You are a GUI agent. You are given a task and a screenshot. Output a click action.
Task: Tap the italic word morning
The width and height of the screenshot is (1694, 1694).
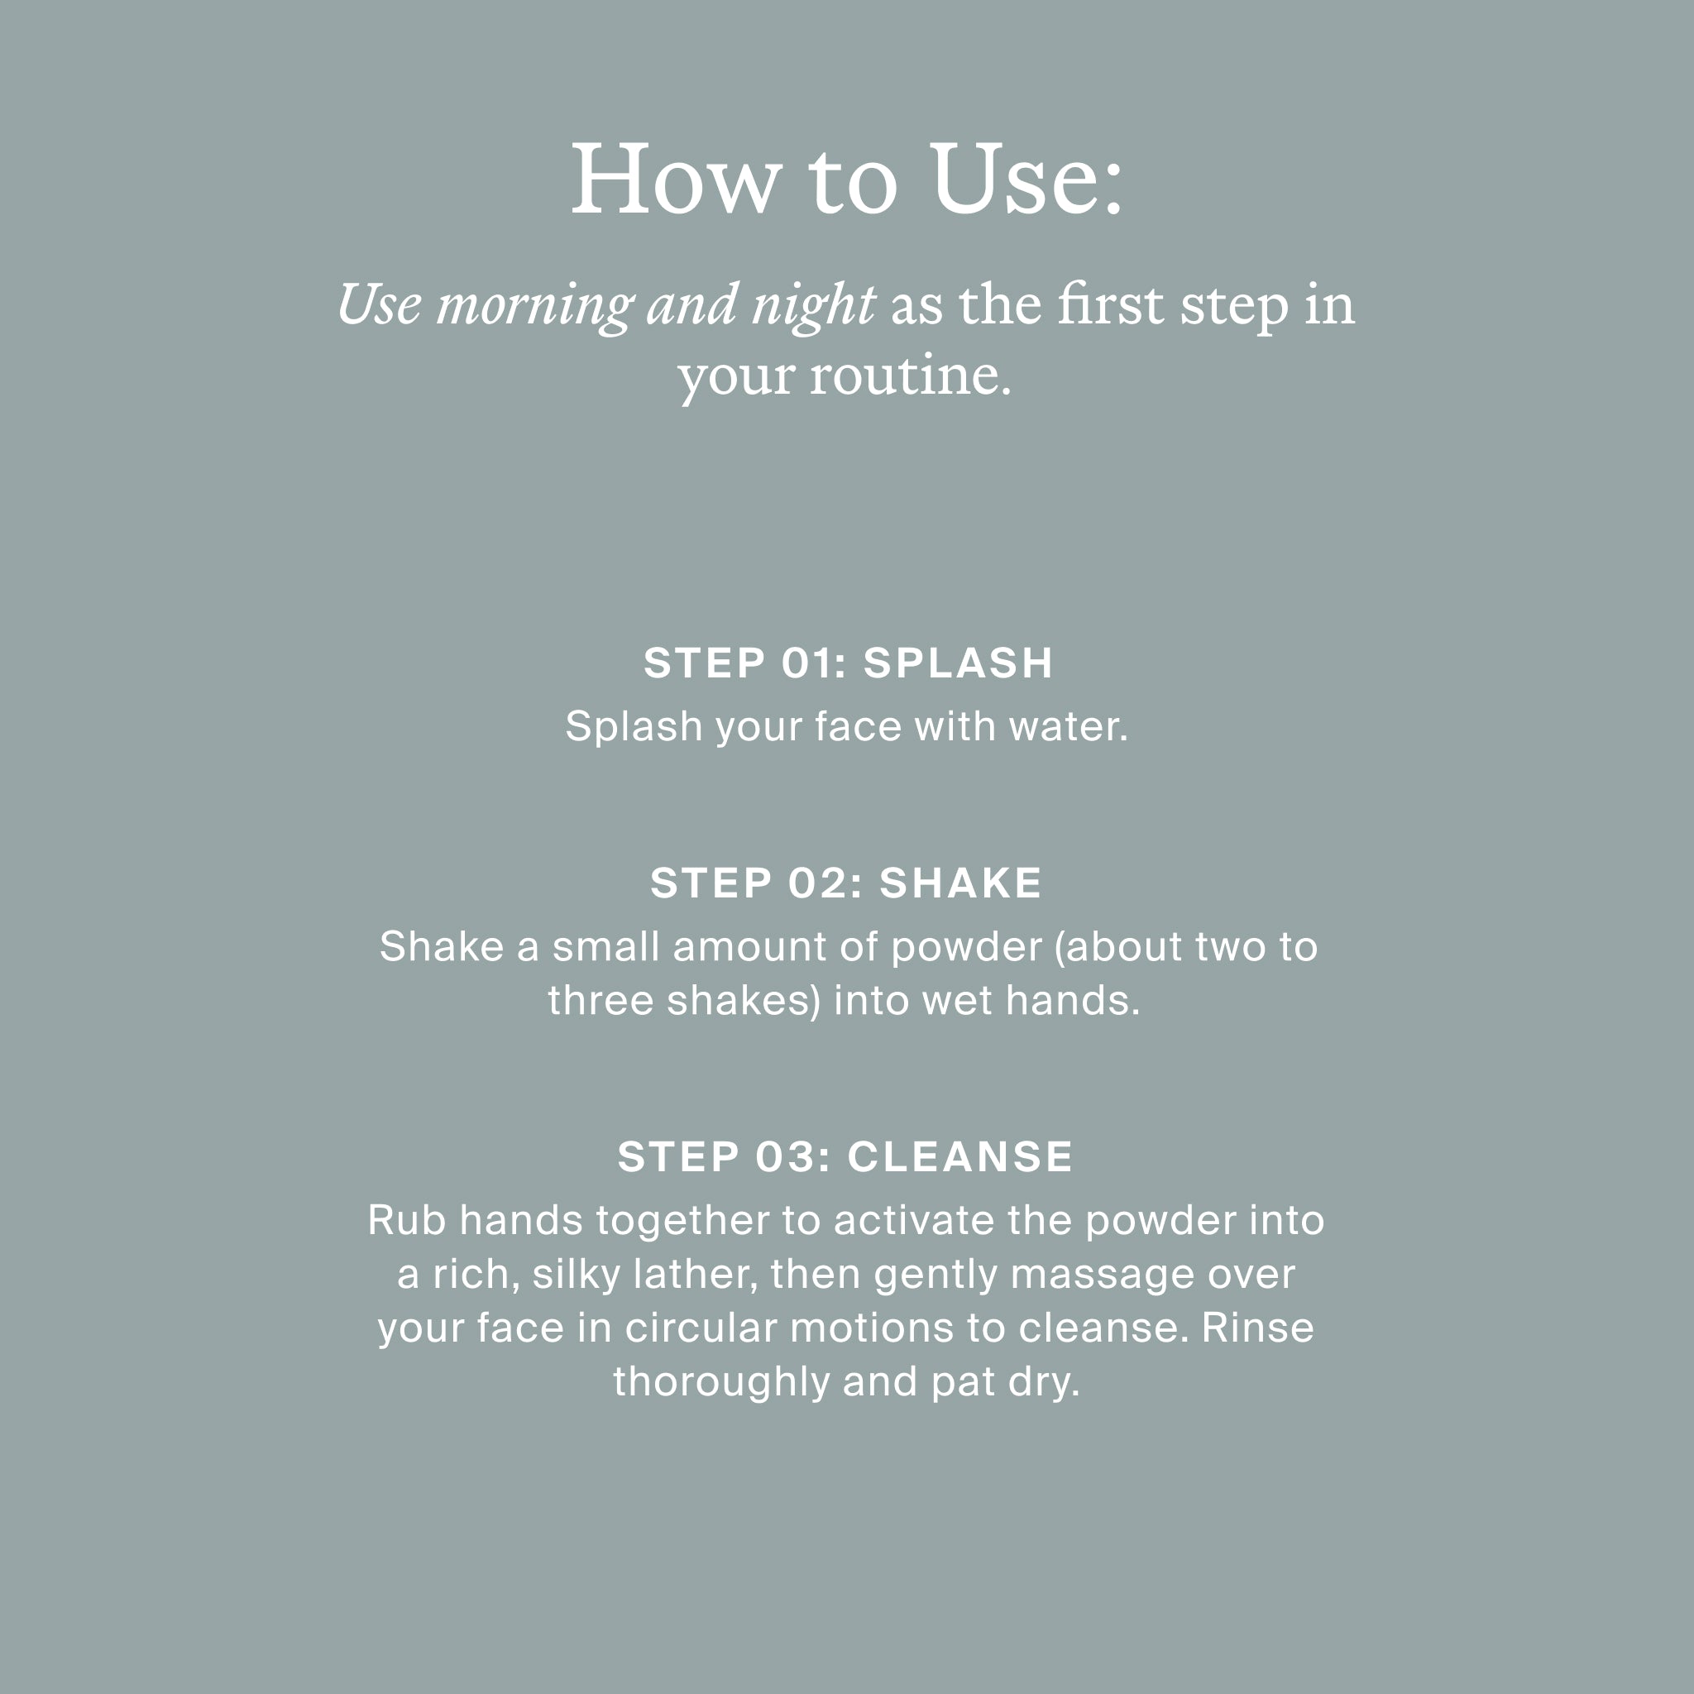click(x=535, y=308)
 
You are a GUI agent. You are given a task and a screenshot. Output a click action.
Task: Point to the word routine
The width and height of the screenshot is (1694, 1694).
click(x=910, y=376)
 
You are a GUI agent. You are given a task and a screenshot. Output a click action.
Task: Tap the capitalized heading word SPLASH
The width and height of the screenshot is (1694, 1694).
click(x=958, y=663)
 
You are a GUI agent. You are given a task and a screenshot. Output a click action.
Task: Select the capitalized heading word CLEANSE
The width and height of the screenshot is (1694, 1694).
click(x=960, y=1156)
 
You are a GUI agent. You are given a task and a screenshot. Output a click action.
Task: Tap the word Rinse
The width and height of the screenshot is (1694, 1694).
click(x=1257, y=1328)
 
